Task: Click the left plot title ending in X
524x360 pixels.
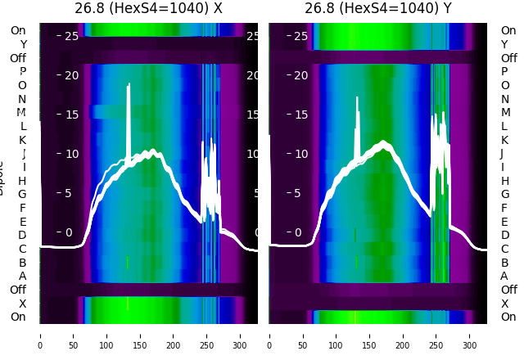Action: click(148, 9)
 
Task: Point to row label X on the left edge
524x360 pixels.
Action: click(23, 304)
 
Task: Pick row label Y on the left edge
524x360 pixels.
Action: click(23, 44)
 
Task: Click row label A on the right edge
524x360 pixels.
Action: click(504, 277)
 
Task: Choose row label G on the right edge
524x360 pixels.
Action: click(504, 195)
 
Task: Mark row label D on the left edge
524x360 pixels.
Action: click(23, 236)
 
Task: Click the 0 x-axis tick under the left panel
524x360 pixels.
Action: click(40, 335)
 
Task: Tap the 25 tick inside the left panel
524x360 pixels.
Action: click(71, 36)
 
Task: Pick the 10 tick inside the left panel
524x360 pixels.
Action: click(71, 154)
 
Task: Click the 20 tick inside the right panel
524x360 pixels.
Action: click(300, 75)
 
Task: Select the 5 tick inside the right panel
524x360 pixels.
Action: click(304, 193)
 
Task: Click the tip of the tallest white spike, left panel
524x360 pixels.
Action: click(129, 84)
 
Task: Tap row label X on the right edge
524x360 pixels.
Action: click(504, 304)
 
